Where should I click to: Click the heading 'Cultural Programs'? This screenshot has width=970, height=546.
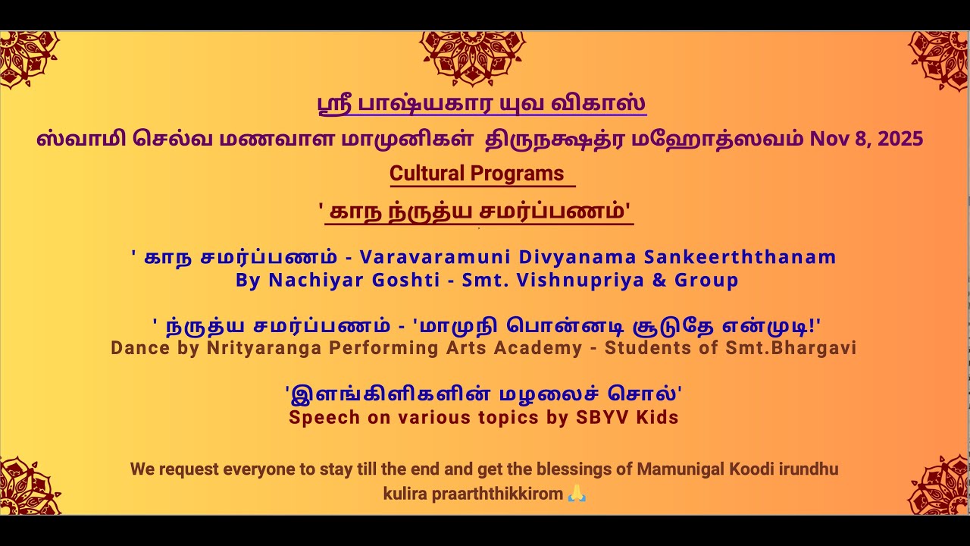pyautogui.click(x=477, y=174)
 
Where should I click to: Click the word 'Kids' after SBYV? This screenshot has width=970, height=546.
pyautogui.click(x=659, y=418)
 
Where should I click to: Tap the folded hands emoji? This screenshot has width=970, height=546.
pyautogui.click(x=577, y=494)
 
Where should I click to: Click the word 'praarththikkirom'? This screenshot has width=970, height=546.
pyautogui.click(x=497, y=494)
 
